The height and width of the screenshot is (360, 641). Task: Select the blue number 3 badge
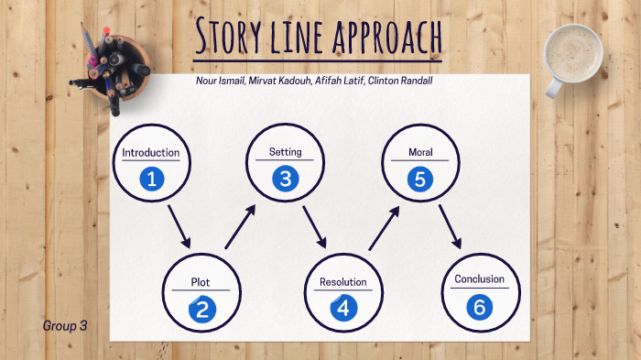pos(285,179)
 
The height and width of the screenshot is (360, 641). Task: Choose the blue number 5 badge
pos(420,179)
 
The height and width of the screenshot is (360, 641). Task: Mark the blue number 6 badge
pos(478,307)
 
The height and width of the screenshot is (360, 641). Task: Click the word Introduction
pos(151,153)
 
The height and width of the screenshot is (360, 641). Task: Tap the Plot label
pos(201,282)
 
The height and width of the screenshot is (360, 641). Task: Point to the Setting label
pos(285,152)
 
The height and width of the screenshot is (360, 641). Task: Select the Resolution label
pos(342,282)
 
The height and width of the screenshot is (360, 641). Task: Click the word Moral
pos(420,152)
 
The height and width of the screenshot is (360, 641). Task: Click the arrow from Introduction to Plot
pos(179,227)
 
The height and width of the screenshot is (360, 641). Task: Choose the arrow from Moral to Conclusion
pos(449,227)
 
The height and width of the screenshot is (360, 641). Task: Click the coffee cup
pos(572,55)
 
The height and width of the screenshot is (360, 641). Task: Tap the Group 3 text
pos(64,325)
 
